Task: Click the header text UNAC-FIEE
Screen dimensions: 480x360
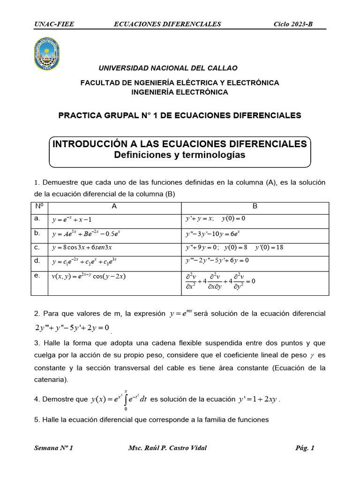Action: point(54,24)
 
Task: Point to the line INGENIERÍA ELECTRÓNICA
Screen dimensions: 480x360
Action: point(180,92)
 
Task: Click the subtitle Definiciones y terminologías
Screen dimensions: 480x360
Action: point(180,155)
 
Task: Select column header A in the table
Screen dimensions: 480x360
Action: point(114,206)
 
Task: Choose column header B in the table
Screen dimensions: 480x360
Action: point(255,206)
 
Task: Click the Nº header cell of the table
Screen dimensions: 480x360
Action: point(39,206)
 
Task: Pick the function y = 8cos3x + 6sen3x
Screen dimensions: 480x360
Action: point(82,247)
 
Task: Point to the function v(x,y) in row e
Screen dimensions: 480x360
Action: point(89,277)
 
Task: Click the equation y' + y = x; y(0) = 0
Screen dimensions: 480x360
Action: point(215,218)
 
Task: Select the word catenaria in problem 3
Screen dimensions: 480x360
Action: point(51,379)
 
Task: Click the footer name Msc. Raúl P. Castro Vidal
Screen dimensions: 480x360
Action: point(167,448)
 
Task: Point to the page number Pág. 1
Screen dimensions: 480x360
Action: point(305,448)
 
